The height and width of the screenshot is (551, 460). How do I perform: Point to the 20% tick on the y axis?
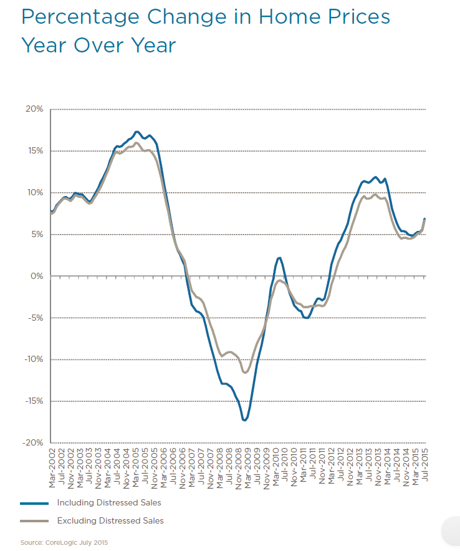coord(34,109)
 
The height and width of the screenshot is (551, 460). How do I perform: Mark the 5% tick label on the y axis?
coord(37,235)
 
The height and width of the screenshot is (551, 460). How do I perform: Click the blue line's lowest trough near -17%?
coord(244,421)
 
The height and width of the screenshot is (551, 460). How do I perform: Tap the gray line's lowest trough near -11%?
coord(246,373)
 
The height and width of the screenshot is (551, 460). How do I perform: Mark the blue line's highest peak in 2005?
coord(137,132)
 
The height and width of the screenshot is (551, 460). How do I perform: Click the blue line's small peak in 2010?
coord(279,257)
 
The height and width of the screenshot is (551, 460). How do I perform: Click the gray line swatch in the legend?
coord(35,520)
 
